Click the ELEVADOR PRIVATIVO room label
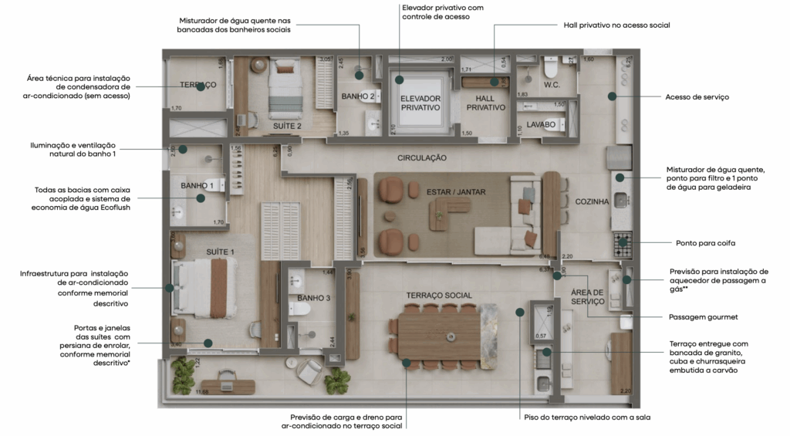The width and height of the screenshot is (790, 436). tap(420, 103)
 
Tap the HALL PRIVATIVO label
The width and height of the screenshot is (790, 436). tap(485, 103)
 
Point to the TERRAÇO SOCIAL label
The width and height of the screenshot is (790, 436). tap(438, 296)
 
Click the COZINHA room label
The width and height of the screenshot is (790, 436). tap(592, 201)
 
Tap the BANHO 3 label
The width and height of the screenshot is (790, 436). tap(313, 298)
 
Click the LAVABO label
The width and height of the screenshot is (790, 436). tap(542, 123)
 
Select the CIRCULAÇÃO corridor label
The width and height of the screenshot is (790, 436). tap(422, 157)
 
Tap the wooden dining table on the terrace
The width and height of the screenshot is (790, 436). tap(440, 333)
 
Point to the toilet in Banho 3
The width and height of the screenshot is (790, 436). tap(303, 309)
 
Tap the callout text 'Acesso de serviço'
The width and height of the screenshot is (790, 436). tap(697, 97)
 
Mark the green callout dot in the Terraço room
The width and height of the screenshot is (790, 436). tap(200, 87)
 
